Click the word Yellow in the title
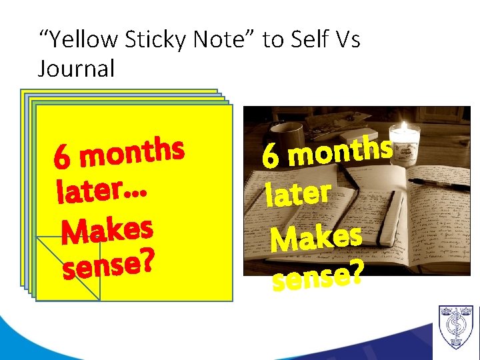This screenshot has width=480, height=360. tap(81, 41)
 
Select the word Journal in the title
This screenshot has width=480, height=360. tap(77, 68)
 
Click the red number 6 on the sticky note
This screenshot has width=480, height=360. tap(62, 159)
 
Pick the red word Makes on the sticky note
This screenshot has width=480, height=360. tap(107, 230)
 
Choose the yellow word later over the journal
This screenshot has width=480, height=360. tap(297, 194)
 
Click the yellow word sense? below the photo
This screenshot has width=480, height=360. tap(317, 276)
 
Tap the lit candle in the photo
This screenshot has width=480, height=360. tap(405, 136)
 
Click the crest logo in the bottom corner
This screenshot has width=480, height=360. tap(456, 327)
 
